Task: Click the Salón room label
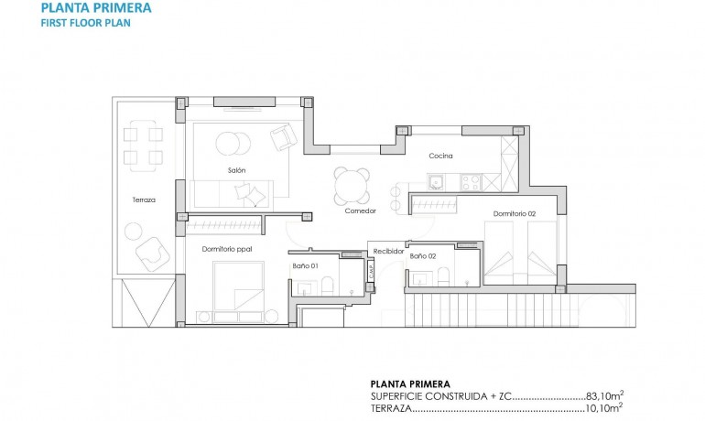pyautogui.click(x=236, y=171)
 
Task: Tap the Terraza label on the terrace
pyautogui.click(x=144, y=200)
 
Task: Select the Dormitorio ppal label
pyautogui.click(x=227, y=248)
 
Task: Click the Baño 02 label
pyautogui.click(x=422, y=257)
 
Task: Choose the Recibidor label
pyautogui.click(x=388, y=251)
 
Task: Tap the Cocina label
pyautogui.click(x=440, y=156)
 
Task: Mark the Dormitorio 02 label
pyautogui.click(x=514, y=214)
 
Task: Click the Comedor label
pyautogui.click(x=360, y=210)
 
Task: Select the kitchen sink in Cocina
pyautogui.click(x=437, y=181)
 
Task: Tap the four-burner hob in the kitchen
pyautogui.click(x=472, y=183)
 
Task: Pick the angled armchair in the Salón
pyautogui.click(x=283, y=138)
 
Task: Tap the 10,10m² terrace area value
pyautogui.click(x=606, y=408)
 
